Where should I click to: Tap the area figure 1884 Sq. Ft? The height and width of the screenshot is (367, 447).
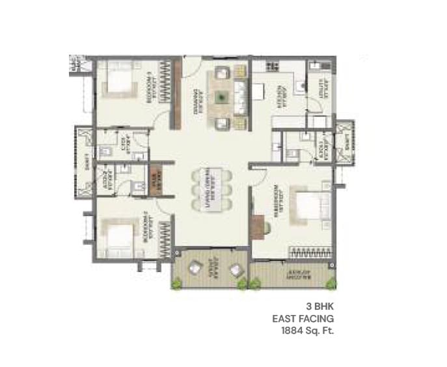coord(303,331)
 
